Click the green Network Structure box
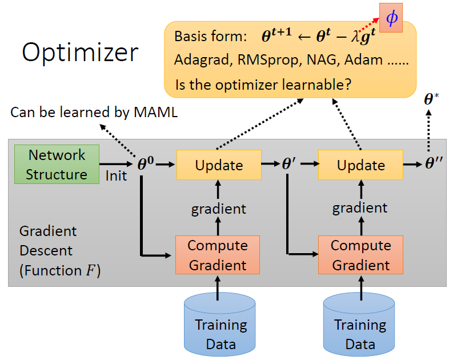[x=57, y=164]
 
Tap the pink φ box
[x=391, y=18]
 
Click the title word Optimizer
[x=80, y=52]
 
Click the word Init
[x=117, y=175]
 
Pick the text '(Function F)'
[x=60, y=270]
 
